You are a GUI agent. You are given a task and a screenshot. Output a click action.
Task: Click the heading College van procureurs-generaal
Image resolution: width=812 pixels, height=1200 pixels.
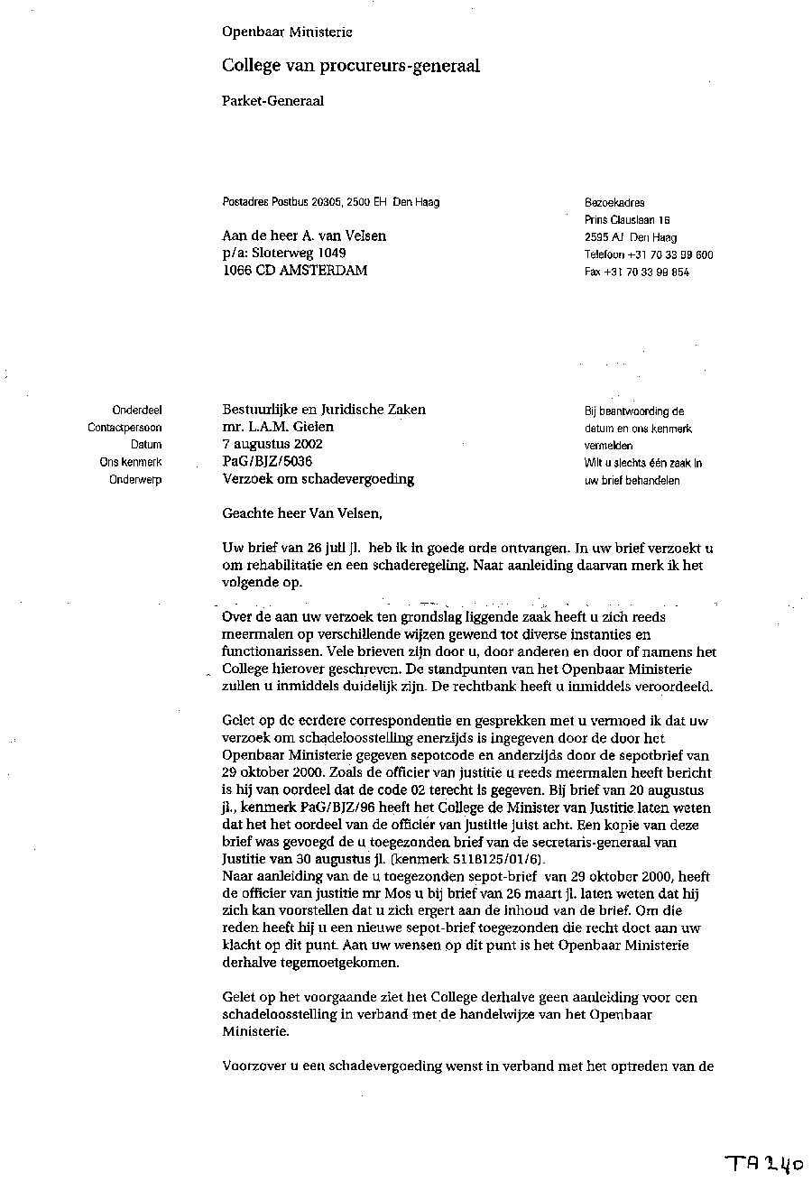[351, 66]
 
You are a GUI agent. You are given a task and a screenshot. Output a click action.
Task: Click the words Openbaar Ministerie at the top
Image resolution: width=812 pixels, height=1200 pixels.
[287, 32]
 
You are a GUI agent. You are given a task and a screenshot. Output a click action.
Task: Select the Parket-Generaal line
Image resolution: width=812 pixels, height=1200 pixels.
[272, 101]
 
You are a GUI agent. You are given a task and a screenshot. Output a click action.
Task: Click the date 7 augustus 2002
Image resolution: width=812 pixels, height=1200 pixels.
[272, 444]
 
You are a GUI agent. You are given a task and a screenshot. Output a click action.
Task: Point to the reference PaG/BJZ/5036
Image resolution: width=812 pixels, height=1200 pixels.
[267, 461]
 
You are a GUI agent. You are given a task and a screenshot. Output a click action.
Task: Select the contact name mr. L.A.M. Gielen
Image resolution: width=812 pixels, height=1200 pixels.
[278, 427]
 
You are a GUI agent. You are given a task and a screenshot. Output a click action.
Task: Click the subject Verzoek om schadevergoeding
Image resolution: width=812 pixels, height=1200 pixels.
[318, 479]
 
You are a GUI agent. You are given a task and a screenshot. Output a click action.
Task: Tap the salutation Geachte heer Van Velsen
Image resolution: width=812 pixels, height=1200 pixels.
[302, 514]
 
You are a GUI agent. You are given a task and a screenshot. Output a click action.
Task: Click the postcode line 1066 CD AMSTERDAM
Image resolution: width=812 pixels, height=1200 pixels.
[295, 271]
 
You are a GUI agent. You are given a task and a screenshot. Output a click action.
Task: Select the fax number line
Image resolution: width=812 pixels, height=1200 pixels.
[637, 272]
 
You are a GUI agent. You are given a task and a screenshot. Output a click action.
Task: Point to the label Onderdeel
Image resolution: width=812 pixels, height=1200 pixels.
[137, 410]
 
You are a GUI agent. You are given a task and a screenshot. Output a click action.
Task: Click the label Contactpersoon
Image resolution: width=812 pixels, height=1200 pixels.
[125, 428]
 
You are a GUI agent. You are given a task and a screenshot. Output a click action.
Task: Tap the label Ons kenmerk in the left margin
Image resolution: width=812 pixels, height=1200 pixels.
[131, 462]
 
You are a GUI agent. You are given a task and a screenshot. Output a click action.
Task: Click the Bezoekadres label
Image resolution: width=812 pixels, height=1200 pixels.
[614, 203]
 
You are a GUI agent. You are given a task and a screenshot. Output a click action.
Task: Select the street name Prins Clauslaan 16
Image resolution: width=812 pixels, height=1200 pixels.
[627, 220]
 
